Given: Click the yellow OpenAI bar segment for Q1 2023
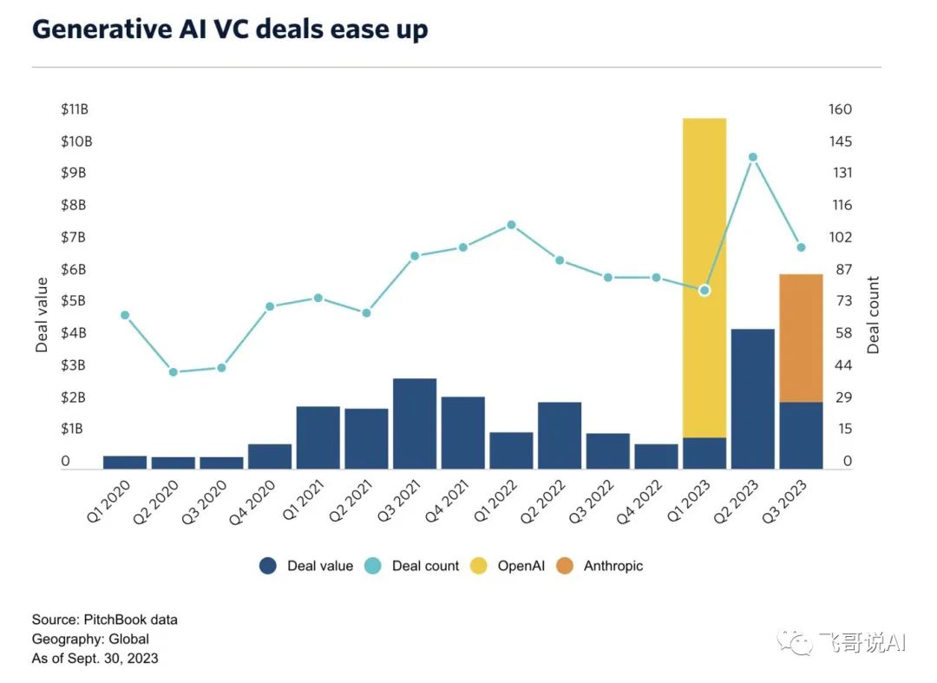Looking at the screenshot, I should (704, 278).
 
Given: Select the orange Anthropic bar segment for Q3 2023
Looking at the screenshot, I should (801, 338).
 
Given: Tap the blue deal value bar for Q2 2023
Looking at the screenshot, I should (752, 399).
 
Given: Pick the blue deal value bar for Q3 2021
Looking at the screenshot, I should (414, 424).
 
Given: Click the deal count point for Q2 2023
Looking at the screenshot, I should (753, 157).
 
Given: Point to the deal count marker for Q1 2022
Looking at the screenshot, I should (511, 225).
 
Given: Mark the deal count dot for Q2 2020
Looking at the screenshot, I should (173, 372).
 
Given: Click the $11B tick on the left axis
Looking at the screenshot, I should (74, 109).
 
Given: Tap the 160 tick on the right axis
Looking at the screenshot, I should (841, 109).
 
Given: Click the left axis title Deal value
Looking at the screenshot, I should (42, 314).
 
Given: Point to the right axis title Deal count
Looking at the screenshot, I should (873, 314).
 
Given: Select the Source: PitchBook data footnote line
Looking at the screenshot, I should (105, 620).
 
